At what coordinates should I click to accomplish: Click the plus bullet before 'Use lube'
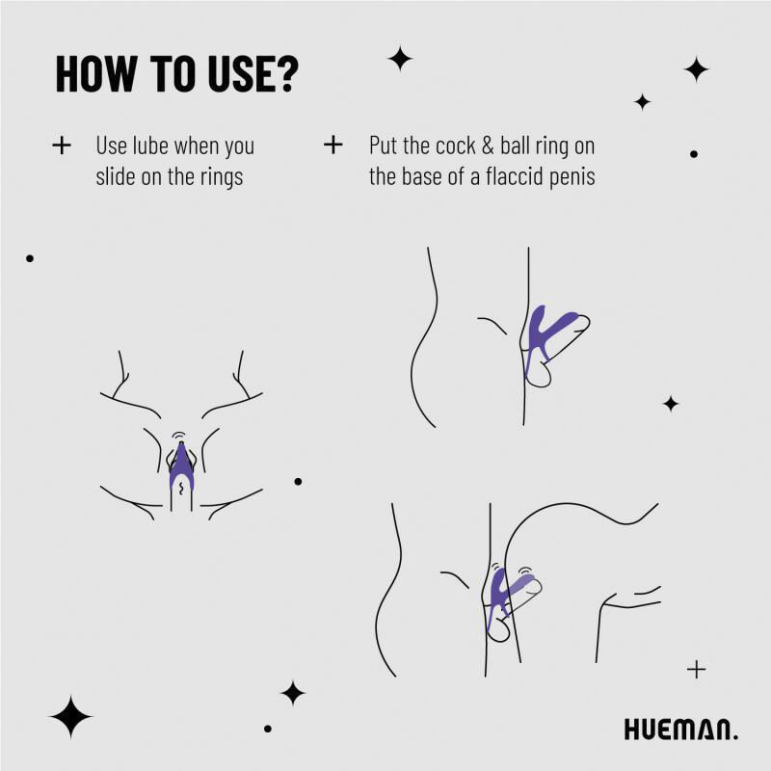[62, 146]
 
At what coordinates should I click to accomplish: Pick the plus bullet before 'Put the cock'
[333, 146]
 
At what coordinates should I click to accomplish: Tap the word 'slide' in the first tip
[119, 177]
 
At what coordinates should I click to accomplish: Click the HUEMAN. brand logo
[680, 730]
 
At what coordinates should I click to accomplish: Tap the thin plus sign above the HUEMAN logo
[697, 669]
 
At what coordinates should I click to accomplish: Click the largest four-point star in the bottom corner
[70, 716]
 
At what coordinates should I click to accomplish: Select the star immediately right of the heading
[400, 59]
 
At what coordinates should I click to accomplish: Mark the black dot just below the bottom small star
[268, 728]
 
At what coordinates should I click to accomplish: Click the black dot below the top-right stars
[694, 153]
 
